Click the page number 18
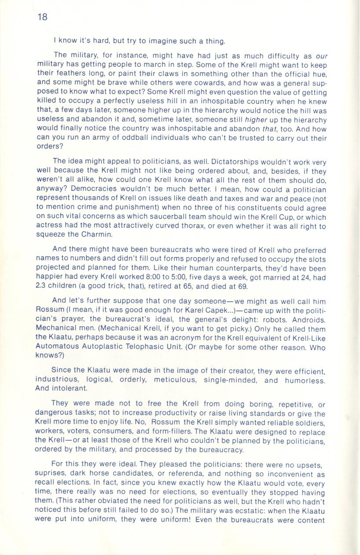(x=42, y=17)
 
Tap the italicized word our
(x=322, y=56)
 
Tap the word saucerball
(x=182, y=218)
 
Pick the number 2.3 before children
(x=42, y=287)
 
